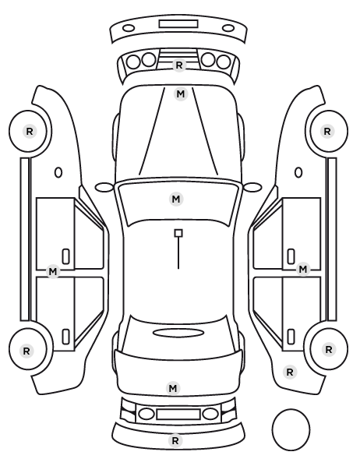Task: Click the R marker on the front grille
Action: (178, 65)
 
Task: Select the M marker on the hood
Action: (181, 94)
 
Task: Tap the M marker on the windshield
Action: (176, 199)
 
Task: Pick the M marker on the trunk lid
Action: (173, 388)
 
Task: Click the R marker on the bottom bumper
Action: (175, 440)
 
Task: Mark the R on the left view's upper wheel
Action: (30, 131)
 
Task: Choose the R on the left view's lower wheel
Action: (26, 351)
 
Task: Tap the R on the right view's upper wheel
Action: (327, 131)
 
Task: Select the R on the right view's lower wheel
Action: (329, 349)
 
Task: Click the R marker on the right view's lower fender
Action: (290, 372)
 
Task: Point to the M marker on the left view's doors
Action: (53, 271)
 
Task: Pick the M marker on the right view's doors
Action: (302, 270)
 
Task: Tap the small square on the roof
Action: (178, 233)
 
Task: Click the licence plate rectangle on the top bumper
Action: (178, 24)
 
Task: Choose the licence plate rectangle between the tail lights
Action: (178, 414)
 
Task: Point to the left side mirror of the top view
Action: (104, 188)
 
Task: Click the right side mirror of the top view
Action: (252, 188)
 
